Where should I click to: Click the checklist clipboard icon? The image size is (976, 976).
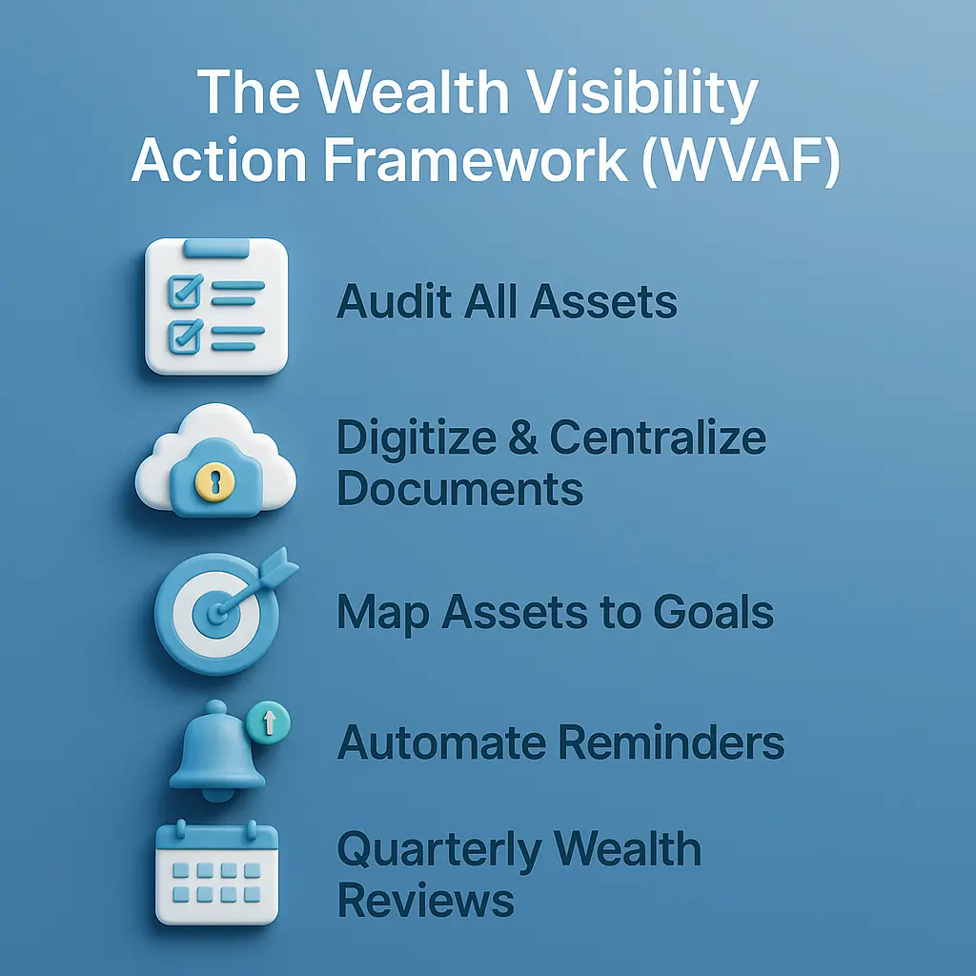(215, 306)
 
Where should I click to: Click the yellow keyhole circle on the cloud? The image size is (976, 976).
(213, 481)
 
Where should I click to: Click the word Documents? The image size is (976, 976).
(459, 489)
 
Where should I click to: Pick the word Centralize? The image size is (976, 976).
(658, 438)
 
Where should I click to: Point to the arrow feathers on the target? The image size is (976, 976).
(283, 576)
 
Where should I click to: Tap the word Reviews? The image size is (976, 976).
(425, 900)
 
